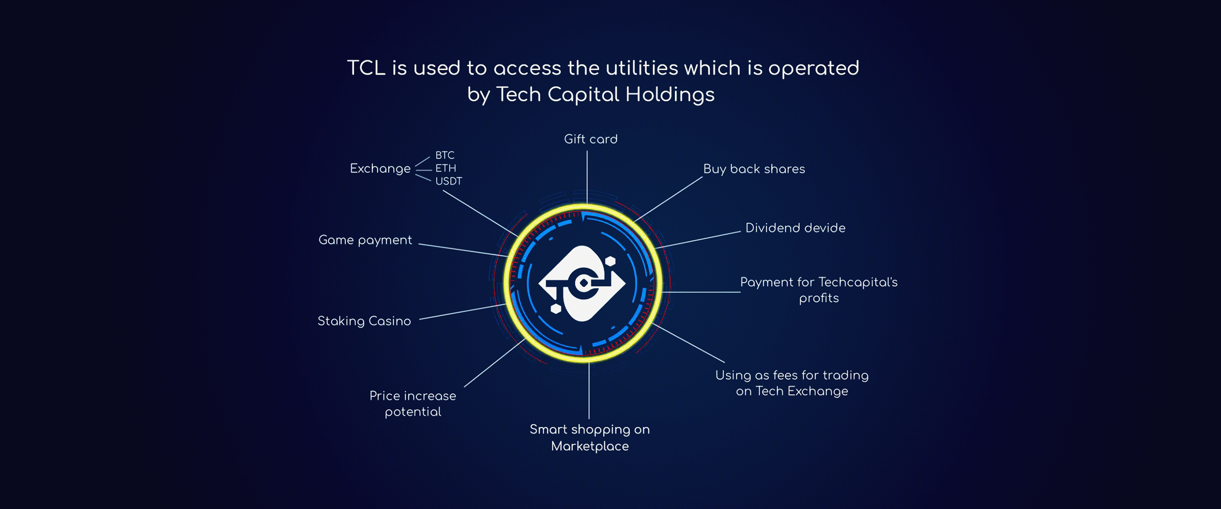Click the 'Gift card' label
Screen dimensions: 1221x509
click(590, 139)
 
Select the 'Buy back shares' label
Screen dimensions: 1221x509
click(754, 169)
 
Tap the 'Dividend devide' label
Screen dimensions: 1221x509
click(795, 228)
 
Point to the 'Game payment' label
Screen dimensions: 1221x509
click(365, 240)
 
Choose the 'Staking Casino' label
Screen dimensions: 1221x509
click(364, 321)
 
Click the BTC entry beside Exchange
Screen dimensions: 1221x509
click(445, 155)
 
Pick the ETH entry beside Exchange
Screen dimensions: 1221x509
click(446, 168)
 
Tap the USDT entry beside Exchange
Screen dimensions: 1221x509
click(448, 181)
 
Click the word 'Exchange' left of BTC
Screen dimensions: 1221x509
click(380, 169)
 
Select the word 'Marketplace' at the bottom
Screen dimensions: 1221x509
click(590, 446)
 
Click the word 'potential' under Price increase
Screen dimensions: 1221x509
click(413, 412)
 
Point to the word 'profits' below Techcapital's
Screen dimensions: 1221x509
click(819, 298)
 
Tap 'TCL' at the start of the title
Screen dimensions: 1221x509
click(366, 68)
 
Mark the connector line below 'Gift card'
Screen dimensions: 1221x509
click(587, 177)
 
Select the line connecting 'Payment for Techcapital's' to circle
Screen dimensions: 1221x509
click(701, 292)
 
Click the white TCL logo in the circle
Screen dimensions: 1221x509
click(582, 284)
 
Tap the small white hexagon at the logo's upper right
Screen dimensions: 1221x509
click(610, 261)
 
